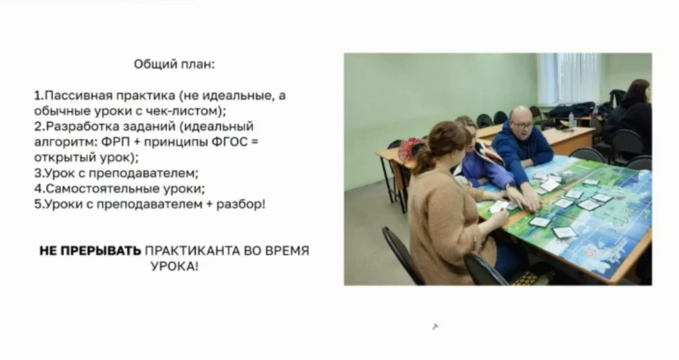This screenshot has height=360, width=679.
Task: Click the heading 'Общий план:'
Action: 174,64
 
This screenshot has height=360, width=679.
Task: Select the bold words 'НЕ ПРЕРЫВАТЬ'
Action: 90,251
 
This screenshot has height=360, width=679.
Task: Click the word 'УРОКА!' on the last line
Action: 175,266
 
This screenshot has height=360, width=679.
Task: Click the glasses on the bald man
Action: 523,126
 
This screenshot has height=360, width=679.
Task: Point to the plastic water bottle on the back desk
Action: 572,120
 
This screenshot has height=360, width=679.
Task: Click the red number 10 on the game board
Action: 588,251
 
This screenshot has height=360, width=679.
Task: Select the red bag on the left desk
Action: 410,149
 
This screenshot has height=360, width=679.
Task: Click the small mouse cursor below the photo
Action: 435,327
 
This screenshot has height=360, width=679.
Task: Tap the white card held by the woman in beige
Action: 498,206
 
